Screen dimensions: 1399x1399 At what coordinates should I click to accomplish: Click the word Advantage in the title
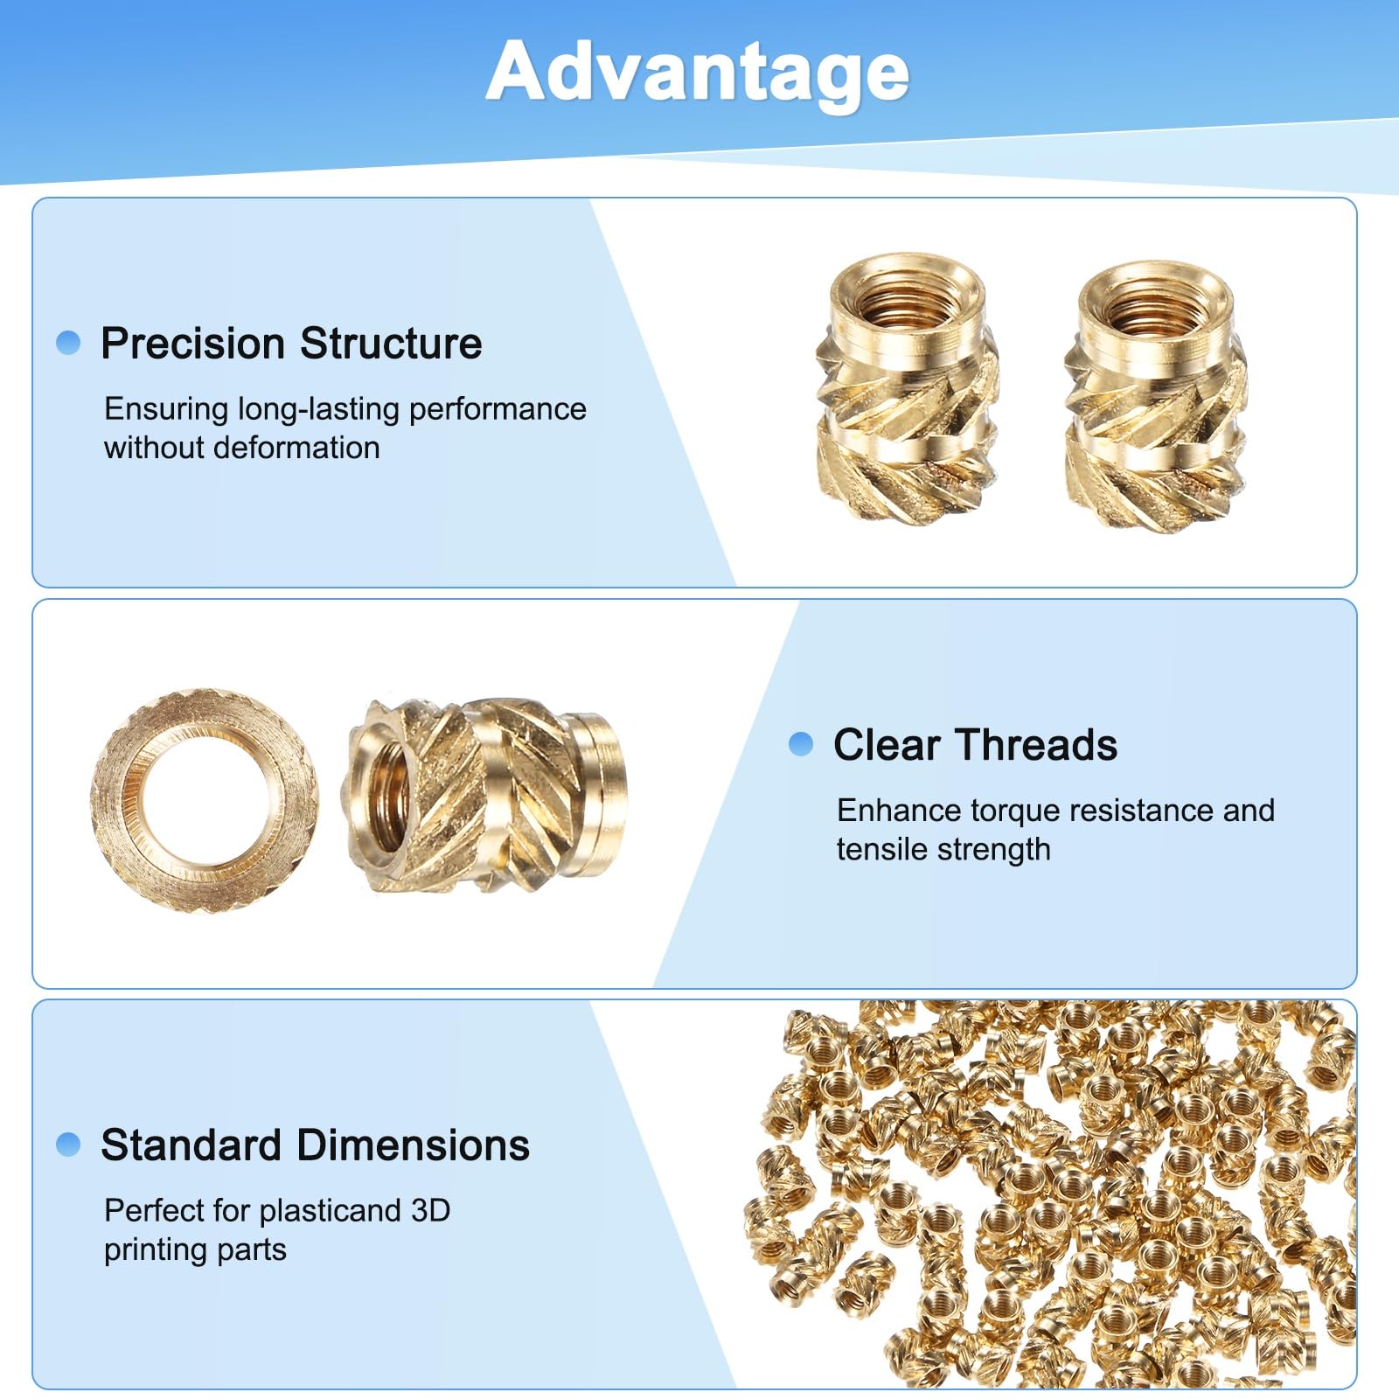(x=698, y=73)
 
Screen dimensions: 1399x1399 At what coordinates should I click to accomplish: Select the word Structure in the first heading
(x=391, y=343)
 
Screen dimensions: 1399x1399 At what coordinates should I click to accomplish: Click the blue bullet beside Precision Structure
(x=68, y=342)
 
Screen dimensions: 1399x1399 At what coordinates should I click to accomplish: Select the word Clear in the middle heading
(x=887, y=745)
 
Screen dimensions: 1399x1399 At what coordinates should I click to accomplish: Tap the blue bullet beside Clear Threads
(x=801, y=744)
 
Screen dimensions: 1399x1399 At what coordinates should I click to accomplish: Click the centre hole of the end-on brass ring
(x=205, y=800)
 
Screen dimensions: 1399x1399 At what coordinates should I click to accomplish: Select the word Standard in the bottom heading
(x=190, y=1145)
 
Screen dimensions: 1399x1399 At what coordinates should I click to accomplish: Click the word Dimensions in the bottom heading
(x=412, y=1145)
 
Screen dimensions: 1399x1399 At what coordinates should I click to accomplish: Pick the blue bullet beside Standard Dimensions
(x=68, y=1144)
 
